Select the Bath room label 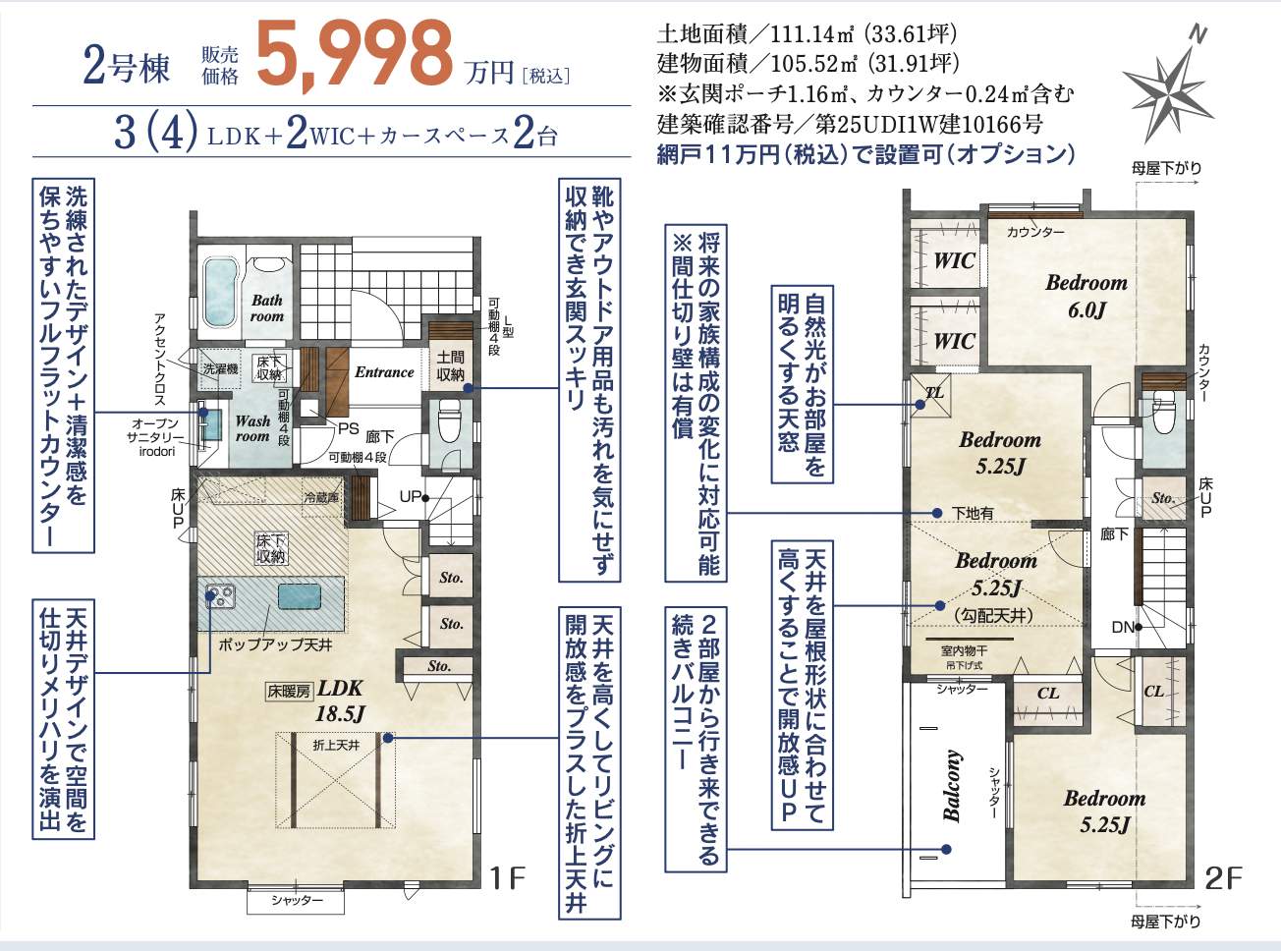coord(267,308)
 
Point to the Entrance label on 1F coord(384,372)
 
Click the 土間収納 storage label coord(450,365)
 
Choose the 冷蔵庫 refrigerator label coord(320,497)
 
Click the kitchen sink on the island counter coord(300,595)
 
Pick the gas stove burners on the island coord(220,596)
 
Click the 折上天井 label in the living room coord(336,745)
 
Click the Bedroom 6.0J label coord(1086,296)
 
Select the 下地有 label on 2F coord(972,513)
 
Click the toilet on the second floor coord(1163,412)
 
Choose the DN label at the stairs coord(1123,627)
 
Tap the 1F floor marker coord(507,878)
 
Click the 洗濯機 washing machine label coord(220,368)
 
